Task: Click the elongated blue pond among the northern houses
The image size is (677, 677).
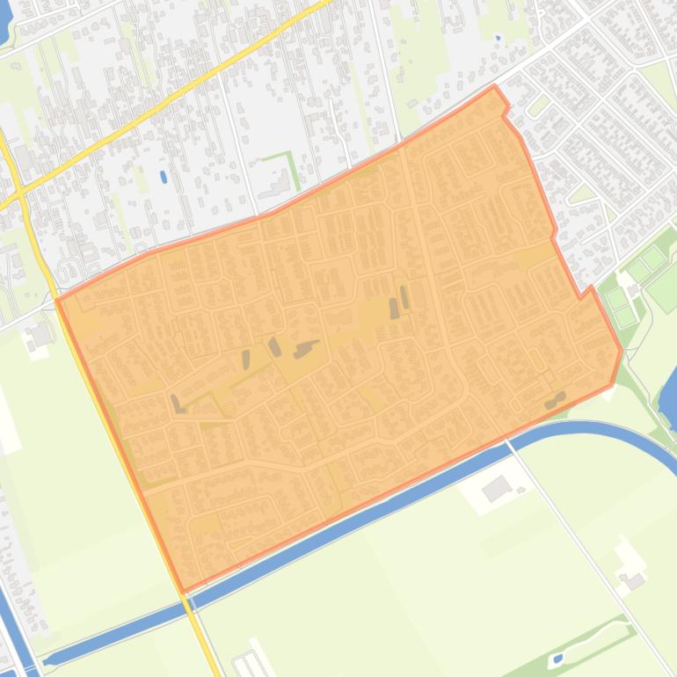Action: [x=164, y=177]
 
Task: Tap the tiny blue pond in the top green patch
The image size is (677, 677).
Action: [x=498, y=38]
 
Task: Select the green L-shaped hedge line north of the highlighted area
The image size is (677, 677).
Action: [x=289, y=167]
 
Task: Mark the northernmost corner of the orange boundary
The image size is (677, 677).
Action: [x=495, y=86]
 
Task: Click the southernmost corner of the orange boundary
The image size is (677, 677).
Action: [x=183, y=591]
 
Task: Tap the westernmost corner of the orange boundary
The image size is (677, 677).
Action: [x=57, y=300]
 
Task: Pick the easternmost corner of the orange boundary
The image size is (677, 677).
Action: [x=622, y=351]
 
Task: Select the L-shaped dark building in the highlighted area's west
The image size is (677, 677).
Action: [x=177, y=404]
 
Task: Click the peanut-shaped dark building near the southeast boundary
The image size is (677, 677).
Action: [x=555, y=400]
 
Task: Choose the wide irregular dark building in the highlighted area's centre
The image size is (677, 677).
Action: [x=306, y=349]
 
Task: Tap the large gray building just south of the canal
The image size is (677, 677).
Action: [x=497, y=489]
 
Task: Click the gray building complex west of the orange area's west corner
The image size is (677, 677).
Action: [x=40, y=334]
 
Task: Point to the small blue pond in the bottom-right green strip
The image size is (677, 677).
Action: [x=557, y=658]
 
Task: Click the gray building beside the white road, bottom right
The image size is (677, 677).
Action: [x=634, y=580]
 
